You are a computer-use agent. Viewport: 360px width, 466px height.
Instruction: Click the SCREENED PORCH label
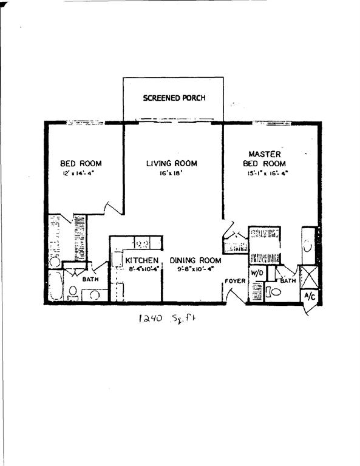(174, 98)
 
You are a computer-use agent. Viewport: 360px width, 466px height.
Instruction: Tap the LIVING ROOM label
(172, 163)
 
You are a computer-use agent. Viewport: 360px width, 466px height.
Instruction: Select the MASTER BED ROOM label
(264, 159)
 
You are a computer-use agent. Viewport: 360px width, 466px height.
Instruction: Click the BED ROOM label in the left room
(81, 163)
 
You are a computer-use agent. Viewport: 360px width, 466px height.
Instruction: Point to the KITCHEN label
(142, 260)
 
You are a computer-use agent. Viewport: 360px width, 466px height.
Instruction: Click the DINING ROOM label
(195, 260)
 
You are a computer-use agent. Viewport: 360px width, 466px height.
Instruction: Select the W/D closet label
(256, 274)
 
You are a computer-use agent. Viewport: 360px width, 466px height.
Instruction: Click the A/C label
(309, 296)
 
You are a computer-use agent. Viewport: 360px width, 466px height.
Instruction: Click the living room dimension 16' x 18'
(172, 173)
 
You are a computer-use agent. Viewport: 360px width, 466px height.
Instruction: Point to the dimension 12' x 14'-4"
(81, 173)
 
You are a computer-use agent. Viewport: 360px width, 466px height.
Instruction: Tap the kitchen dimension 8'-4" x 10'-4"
(142, 269)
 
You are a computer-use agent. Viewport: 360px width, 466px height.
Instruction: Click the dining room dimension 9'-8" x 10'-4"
(195, 269)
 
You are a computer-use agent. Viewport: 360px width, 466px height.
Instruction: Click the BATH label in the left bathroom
(90, 280)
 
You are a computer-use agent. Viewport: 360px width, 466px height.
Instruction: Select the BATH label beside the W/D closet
(288, 280)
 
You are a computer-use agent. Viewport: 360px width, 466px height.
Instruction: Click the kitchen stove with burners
(143, 244)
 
